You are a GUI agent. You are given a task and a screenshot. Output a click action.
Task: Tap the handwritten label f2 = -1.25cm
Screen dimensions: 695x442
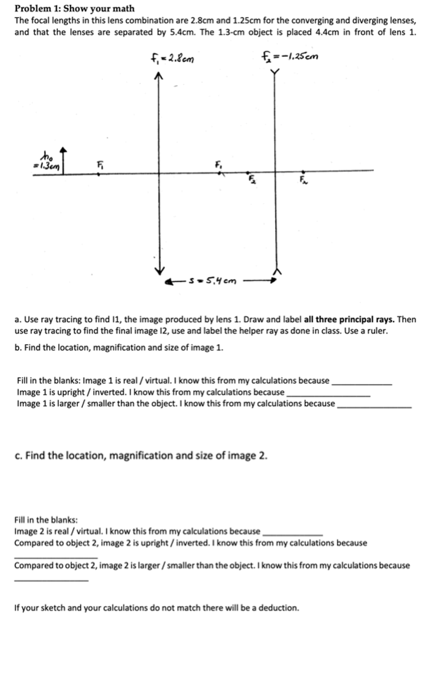[x=290, y=58]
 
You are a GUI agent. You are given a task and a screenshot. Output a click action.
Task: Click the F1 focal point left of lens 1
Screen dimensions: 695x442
[x=101, y=172]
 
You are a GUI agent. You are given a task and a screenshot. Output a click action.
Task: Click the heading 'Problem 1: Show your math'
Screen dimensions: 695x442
[x=74, y=9]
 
